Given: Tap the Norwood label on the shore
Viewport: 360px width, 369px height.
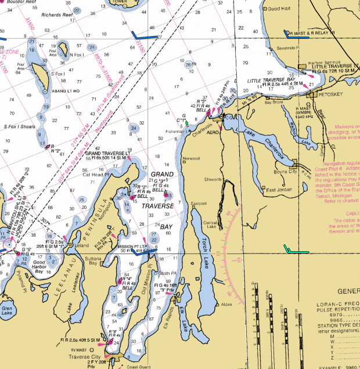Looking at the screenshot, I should tap(191, 158).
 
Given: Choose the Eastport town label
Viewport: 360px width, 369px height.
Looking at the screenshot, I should tap(199, 203).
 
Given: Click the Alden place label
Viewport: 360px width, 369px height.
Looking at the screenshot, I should tap(226, 304).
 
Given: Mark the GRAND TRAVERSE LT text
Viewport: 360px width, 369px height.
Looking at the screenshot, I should tap(109, 153).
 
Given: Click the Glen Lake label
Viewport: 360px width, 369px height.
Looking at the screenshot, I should tap(8, 312).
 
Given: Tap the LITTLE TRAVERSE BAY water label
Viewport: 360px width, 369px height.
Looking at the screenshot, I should tap(270, 80).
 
